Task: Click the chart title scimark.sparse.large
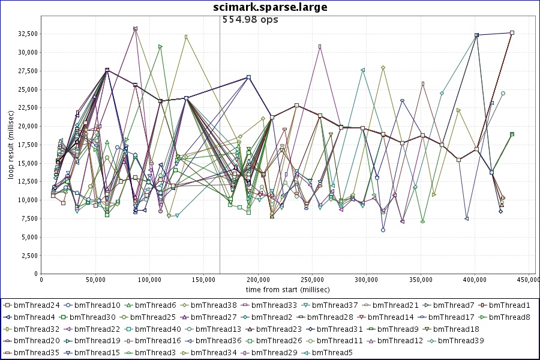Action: (x=271, y=7)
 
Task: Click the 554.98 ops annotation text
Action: (x=250, y=19)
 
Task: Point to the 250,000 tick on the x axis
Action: (x=149, y=280)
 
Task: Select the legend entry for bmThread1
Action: (x=509, y=305)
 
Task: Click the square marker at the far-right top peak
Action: (x=512, y=33)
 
